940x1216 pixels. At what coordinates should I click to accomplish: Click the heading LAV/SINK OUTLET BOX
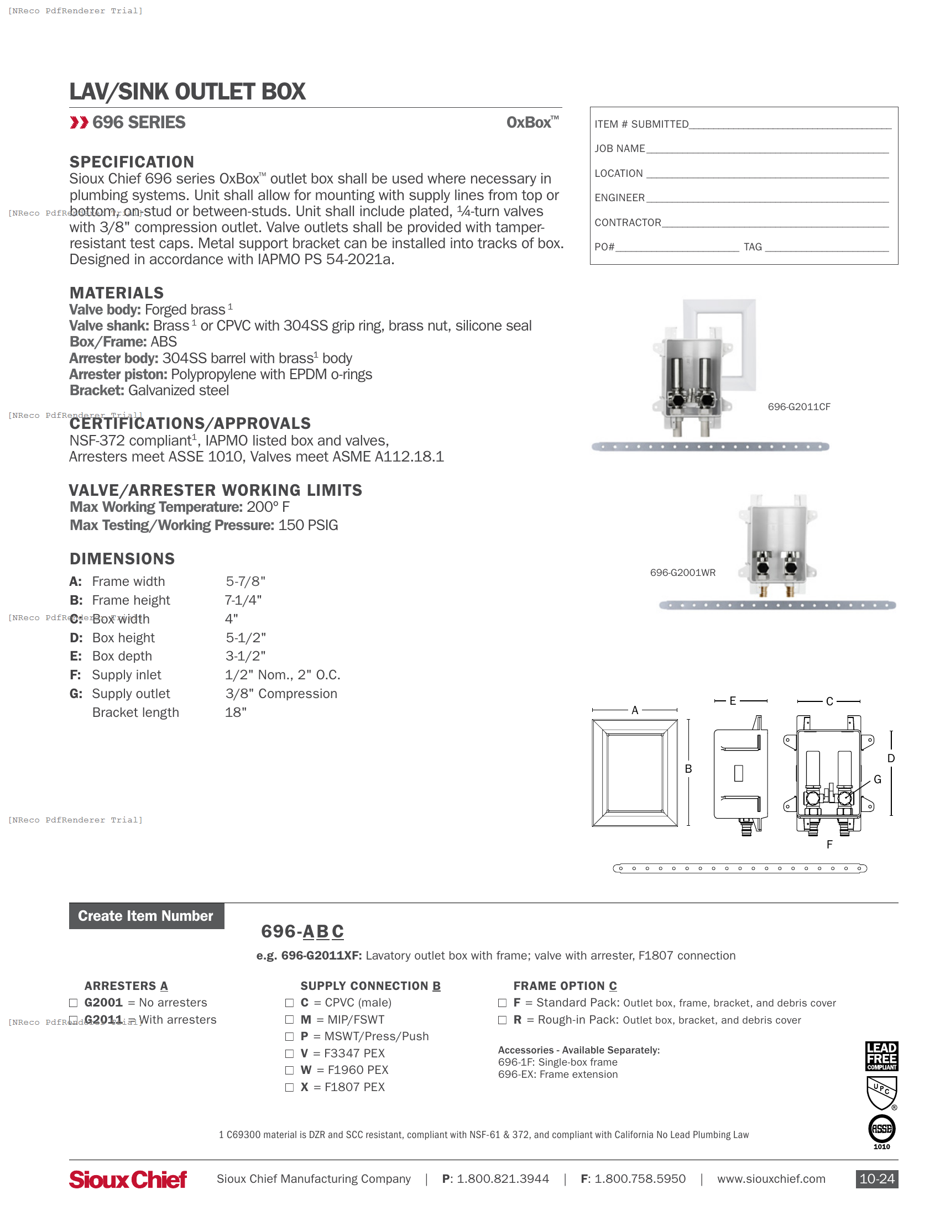tap(187, 92)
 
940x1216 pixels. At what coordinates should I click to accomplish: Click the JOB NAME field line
tap(767, 149)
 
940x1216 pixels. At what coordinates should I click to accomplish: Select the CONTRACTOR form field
tap(775, 223)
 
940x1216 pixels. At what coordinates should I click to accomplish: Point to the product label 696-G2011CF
tap(798, 407)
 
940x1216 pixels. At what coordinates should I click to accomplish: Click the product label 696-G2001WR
tap(682, 573)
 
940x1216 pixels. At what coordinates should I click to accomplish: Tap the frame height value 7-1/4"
tap(243, 600)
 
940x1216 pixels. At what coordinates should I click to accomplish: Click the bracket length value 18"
tap(236, 712)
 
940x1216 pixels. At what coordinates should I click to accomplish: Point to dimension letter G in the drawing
tap(878, 779)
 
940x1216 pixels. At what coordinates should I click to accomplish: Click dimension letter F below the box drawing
tap(829, 845)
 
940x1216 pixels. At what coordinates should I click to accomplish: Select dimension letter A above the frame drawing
tap(634, 710)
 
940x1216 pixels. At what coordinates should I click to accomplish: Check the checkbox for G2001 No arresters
tap(73, 1003)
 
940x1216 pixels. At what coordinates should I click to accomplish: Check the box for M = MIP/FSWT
tap(289, 1019)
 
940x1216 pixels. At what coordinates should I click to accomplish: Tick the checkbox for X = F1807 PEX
tap(289, 1087)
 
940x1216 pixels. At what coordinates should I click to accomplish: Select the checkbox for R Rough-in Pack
tap(502, 1020)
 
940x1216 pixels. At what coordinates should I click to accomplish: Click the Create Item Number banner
tap(147, 916)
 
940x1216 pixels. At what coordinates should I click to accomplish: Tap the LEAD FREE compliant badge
tap(881, 1056)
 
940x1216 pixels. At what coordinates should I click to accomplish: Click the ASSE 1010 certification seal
tap(881, 1130)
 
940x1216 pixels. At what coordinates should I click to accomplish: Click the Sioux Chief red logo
tap(128, 1180)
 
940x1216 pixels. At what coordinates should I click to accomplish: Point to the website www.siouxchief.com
tap(771, 1180)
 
